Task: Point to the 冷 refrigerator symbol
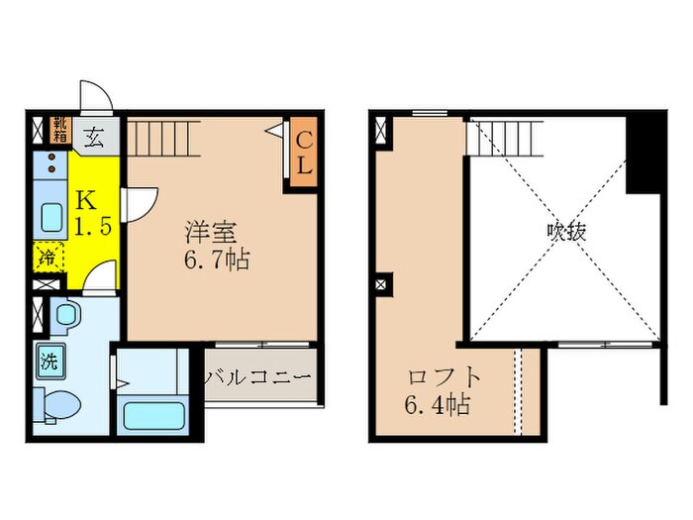[x=49, y=258]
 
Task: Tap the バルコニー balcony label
[x=258, y=377]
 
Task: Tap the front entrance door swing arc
[x=96, y=97]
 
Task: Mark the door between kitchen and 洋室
[x=140, y=203]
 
